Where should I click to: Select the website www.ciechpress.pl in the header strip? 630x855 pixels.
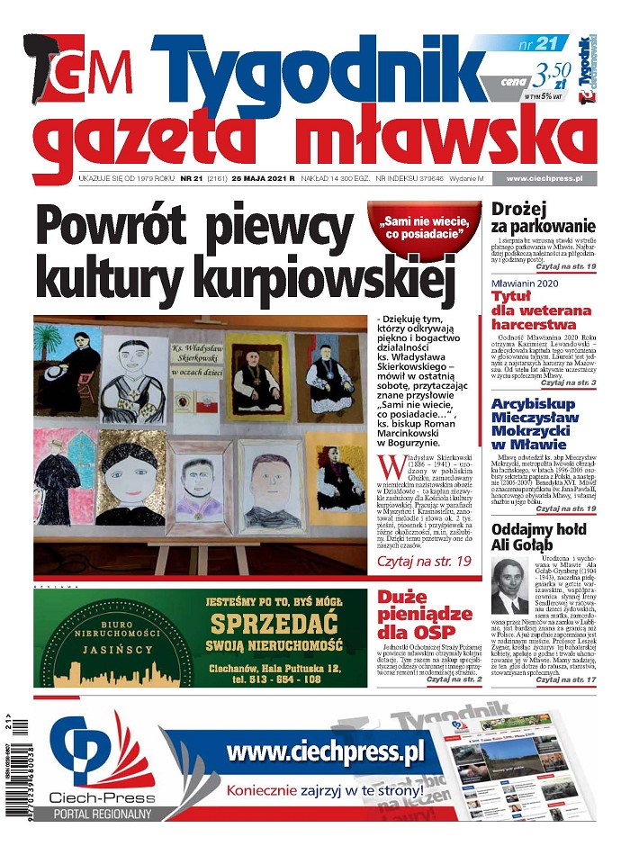[544, 179]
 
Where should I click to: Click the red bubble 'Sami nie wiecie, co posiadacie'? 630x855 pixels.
[423, 228]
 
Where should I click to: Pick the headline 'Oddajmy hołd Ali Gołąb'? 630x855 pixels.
[539, 536]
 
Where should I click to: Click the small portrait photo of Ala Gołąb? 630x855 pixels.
[510, 584]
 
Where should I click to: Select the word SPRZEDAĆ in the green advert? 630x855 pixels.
[272, 625]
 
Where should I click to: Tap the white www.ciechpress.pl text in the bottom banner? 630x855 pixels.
[325, 751]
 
